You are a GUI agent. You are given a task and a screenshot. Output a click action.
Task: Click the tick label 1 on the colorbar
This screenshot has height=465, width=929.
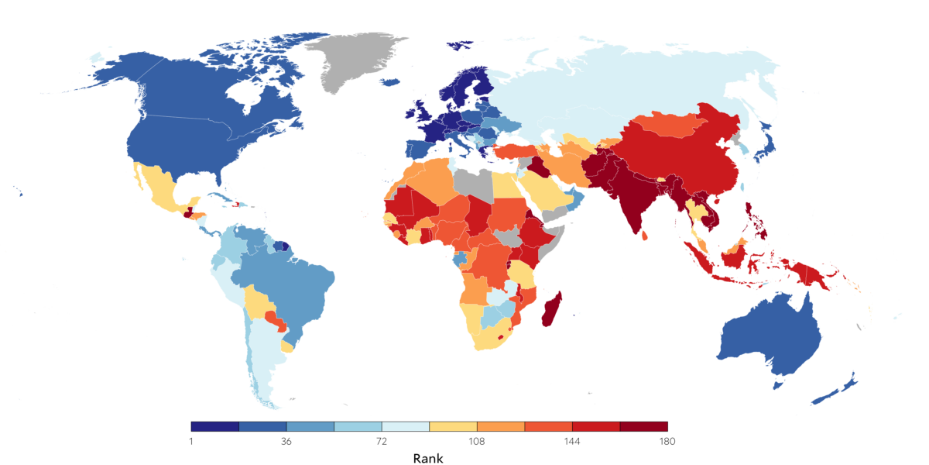(x=191, y=441)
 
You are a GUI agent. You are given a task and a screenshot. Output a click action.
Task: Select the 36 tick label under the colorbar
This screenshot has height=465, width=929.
(x=286, y=441)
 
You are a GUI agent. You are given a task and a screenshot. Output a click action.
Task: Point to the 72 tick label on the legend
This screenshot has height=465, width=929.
(x=382, y=441)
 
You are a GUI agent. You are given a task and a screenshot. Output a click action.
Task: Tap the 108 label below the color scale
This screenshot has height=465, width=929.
(x=477, y=441)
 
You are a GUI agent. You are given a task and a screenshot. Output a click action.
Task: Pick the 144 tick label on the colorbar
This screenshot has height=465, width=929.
(x=572, y=441)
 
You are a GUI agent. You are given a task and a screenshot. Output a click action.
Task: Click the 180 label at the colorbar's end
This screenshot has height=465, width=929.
(x=667, y=441)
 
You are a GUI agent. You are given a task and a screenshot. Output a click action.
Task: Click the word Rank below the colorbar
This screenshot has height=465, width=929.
(x=428, y=458)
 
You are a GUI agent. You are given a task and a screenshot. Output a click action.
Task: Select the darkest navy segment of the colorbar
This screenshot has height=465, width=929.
(x=215, y=426)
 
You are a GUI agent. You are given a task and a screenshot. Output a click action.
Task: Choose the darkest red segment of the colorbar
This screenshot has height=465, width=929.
(x=643, y=426)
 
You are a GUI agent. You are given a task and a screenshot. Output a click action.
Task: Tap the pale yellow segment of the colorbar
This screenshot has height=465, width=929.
(x=453, y=426)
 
